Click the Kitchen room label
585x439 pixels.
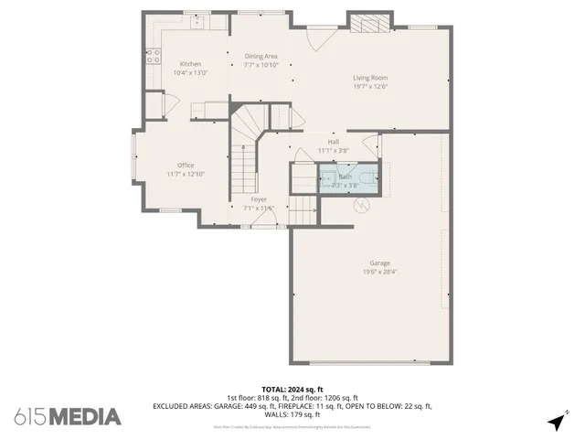pos(190,64)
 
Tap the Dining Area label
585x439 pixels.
pos(261,57)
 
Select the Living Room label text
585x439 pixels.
pos(370,78)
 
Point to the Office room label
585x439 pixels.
pos(186,166)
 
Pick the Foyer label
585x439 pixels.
pos(259,199)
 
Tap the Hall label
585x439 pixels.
pos(334,142)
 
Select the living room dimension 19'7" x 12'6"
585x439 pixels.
pos(370,88)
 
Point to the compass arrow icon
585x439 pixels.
pos(557,422)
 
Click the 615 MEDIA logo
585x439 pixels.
pos(68,417)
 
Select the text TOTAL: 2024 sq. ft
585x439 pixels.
pos(292,390)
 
